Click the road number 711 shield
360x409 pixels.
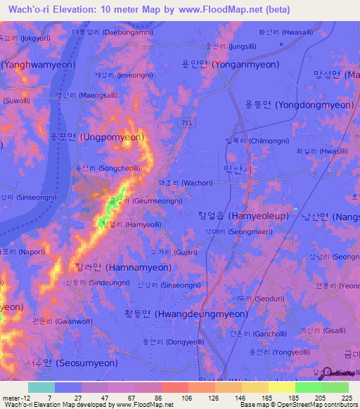(x=205, y=123)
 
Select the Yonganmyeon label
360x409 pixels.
(x=230, y=64)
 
